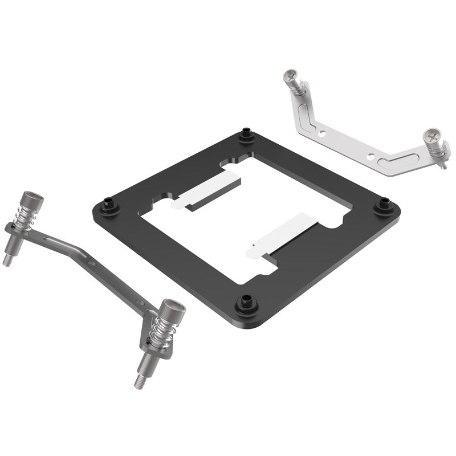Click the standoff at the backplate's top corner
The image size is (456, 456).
point(246,135)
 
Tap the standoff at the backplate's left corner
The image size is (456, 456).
point(108,205)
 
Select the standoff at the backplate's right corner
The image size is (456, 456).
point(383,205)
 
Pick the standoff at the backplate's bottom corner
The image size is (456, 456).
point(246,300)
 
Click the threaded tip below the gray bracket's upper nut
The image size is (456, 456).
point(8,260)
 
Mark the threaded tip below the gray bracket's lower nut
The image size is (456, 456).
point(140,380)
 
